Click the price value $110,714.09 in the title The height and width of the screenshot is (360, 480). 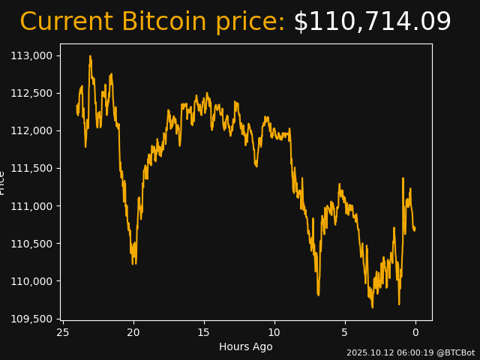pos(372,22)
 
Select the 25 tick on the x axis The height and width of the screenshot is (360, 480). pos(63,331)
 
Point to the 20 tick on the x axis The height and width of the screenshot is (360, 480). pos(133,331)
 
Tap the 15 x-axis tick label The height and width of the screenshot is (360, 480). pos(204,331)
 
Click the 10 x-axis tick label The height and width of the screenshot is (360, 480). pos(274,331)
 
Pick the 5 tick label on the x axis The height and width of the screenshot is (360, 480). pos(345,331)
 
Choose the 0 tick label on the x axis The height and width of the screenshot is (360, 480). pos(415,331)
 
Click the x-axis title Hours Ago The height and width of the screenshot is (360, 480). pos(246,346)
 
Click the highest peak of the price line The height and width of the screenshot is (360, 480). pos(90,56)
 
